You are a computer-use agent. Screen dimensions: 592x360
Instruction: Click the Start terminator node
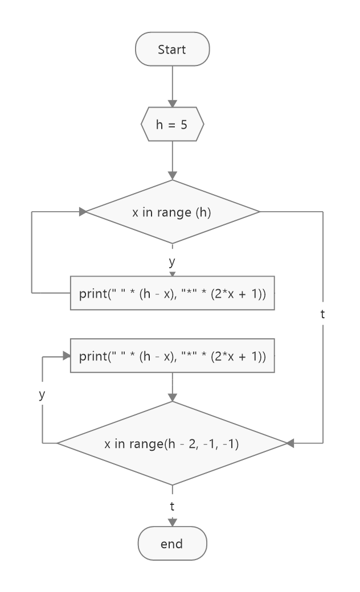[172, 50]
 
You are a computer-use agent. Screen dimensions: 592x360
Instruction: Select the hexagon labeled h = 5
[172, 124]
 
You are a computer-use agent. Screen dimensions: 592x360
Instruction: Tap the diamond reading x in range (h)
[172, 212]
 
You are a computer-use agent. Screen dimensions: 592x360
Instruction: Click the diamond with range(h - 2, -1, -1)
[172, 443]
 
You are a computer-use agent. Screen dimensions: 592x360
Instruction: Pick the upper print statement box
[172, 293]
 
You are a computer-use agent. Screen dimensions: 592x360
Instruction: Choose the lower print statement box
[172, 356]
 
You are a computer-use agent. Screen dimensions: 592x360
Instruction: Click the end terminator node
[172, 544]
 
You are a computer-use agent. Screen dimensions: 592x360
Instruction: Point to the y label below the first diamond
[172, 262]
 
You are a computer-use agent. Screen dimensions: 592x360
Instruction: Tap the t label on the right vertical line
[323, 313]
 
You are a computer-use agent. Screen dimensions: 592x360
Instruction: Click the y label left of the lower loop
[42, 394]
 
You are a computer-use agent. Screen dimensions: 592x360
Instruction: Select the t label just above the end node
[172, 505]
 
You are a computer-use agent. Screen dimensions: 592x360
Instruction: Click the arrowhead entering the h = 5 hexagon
[172, 103]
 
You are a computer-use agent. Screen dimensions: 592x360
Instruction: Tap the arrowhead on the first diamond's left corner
[83, 212]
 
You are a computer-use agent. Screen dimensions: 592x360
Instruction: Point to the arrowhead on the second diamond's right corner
[290, 443]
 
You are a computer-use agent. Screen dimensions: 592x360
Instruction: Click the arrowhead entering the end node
[172, 523]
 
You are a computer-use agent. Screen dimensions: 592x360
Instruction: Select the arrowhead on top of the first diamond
[172, 176]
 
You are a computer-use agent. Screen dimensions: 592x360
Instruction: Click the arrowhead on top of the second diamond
[172, 397]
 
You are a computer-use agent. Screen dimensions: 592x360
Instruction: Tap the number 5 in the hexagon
[184, 124]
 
